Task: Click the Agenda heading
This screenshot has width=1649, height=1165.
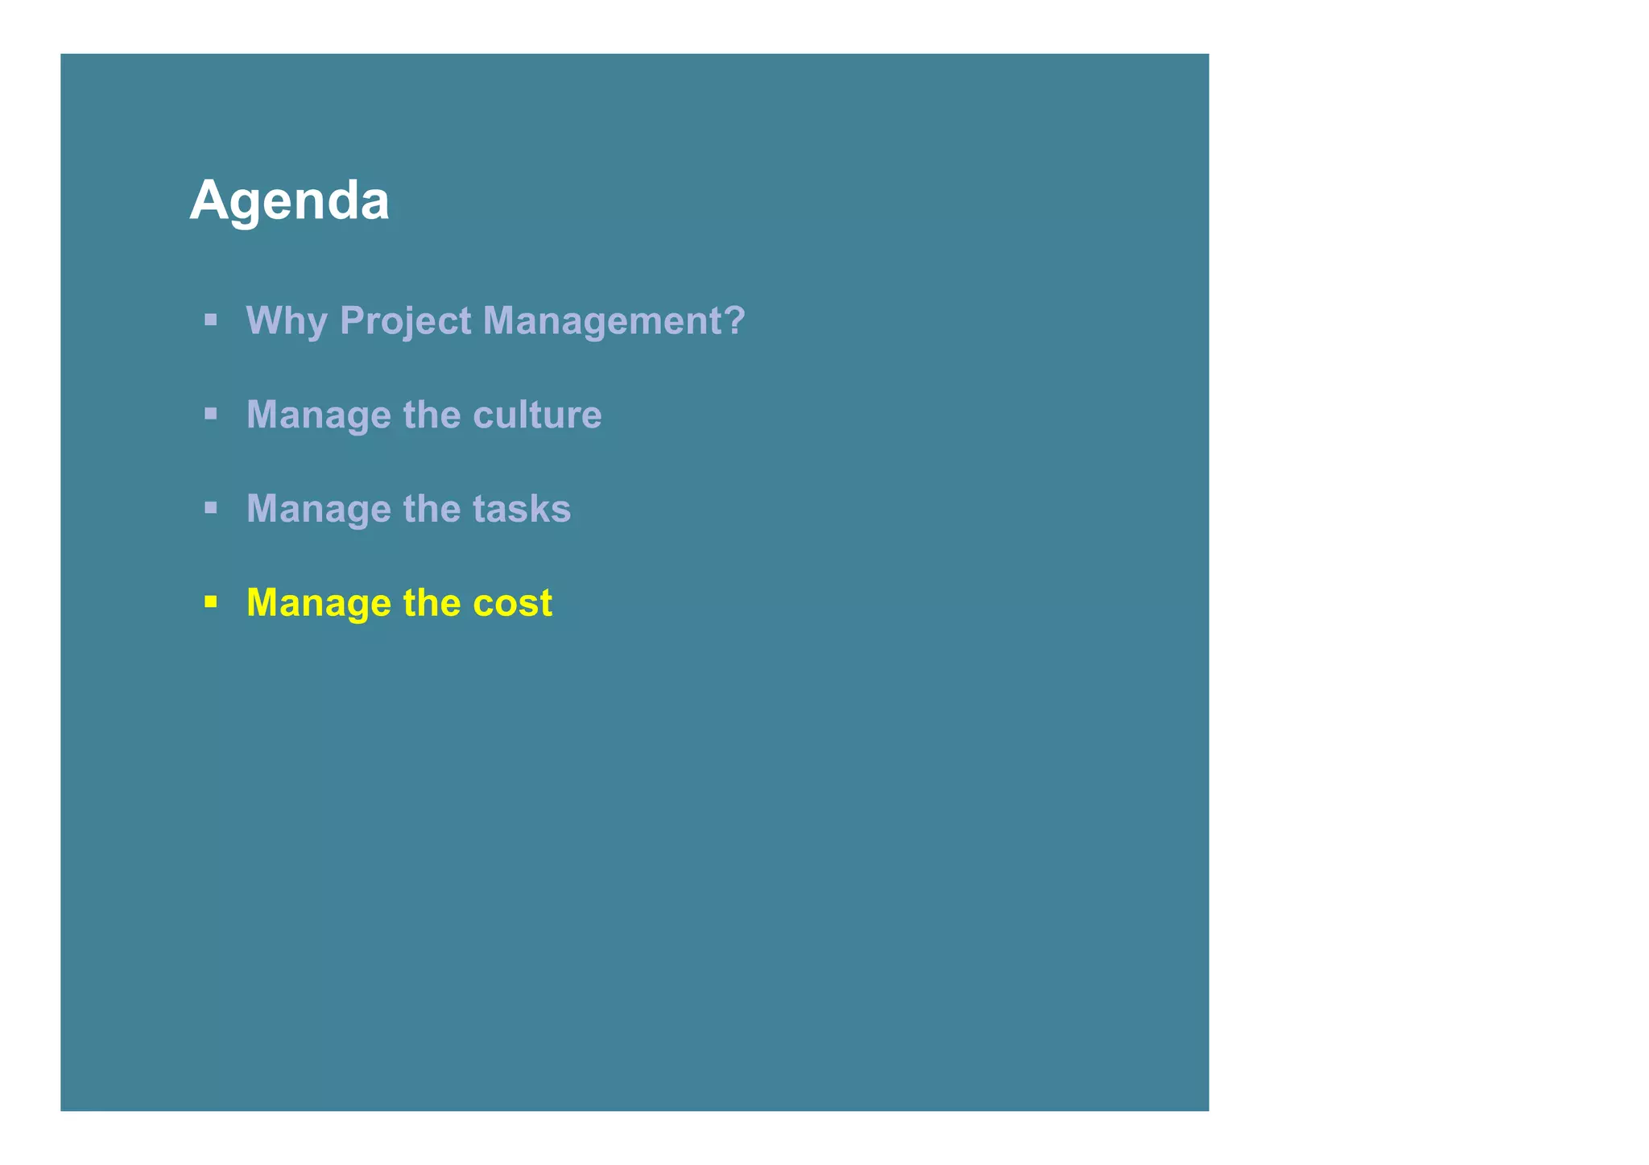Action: click(x=289, y=201)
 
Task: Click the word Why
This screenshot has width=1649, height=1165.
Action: click(x=287, y=321)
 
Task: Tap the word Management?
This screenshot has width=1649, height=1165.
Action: click(x=614, y=321)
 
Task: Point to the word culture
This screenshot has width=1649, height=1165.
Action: click(x=537, y=415)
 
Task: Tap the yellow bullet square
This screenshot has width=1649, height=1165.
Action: click(x=211, y=601)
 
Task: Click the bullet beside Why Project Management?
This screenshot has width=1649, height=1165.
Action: click(x=211, y=320)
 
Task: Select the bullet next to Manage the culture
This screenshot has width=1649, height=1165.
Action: click(x=211, y=414)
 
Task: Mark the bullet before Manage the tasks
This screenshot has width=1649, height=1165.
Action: click(x=211, y=508)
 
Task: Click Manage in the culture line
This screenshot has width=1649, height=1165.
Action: click(x=318, y=416)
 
